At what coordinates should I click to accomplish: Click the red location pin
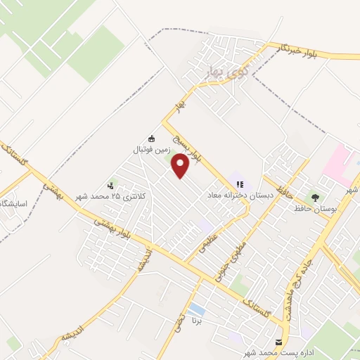[x=181, y=166]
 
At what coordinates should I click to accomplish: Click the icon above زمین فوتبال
[x=151, y=139]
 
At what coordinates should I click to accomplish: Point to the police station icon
[x=110, y=186]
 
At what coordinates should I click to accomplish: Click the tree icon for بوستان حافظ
[x=314, y=198]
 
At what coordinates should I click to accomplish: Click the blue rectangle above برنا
[x=198, y=309]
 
